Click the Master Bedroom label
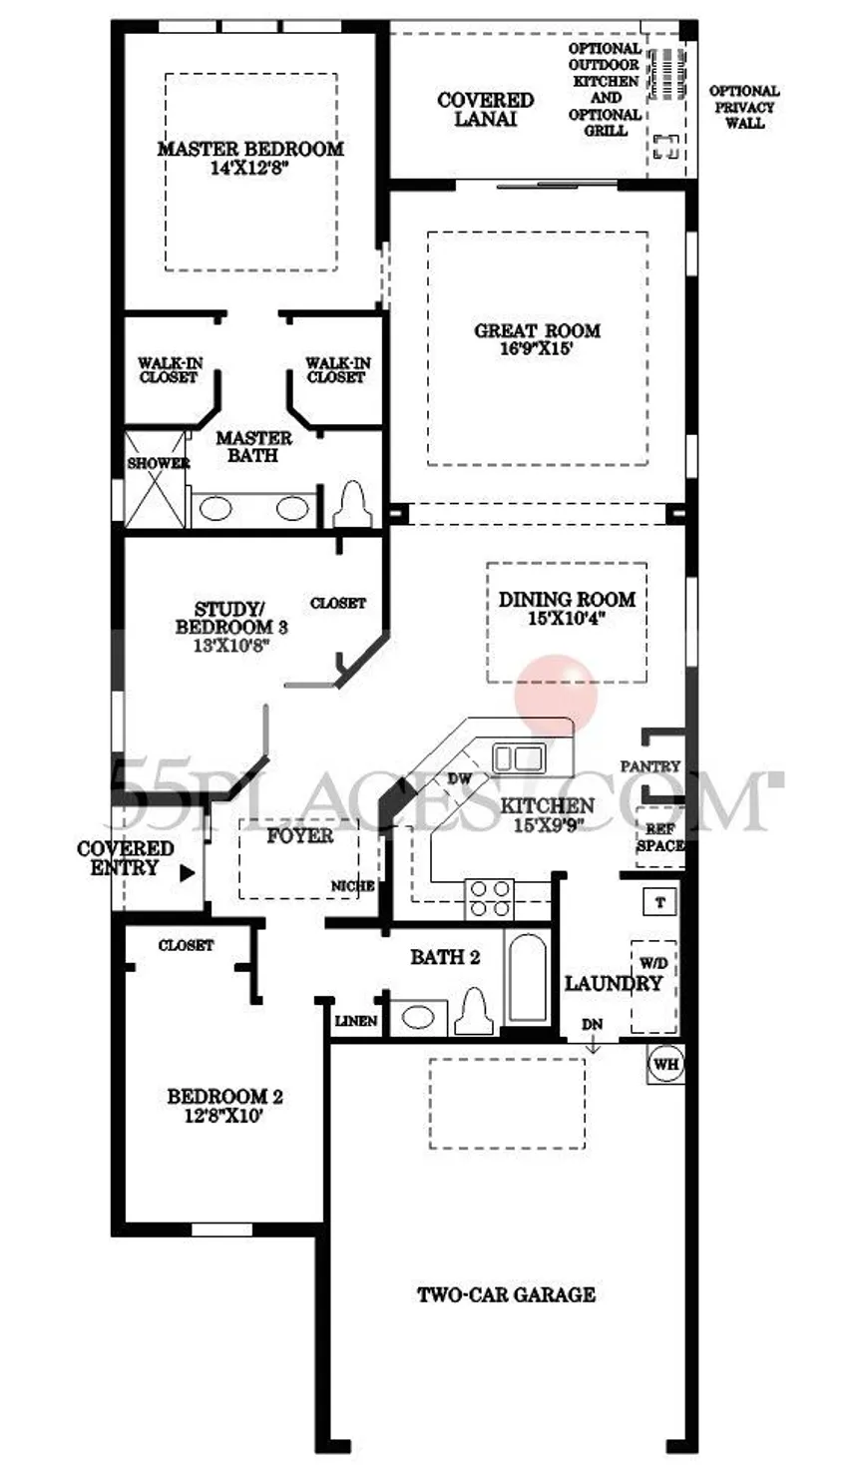(250, 149)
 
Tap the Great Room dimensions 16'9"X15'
(537, 348)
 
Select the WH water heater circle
(666, 1063)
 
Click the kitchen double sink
(518, 758)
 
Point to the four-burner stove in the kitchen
(489, 899)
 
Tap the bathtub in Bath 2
(527, 979)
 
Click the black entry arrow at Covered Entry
(188, 873)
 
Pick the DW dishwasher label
(460, 778)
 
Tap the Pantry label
(649, 766)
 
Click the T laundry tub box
(659, 901)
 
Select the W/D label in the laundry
(653, 963)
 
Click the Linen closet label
(356, 1021)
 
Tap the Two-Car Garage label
(507, 1295)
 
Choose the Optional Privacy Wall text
(744, 107)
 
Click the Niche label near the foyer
(352, 886)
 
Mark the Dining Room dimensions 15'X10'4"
(567, 619)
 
